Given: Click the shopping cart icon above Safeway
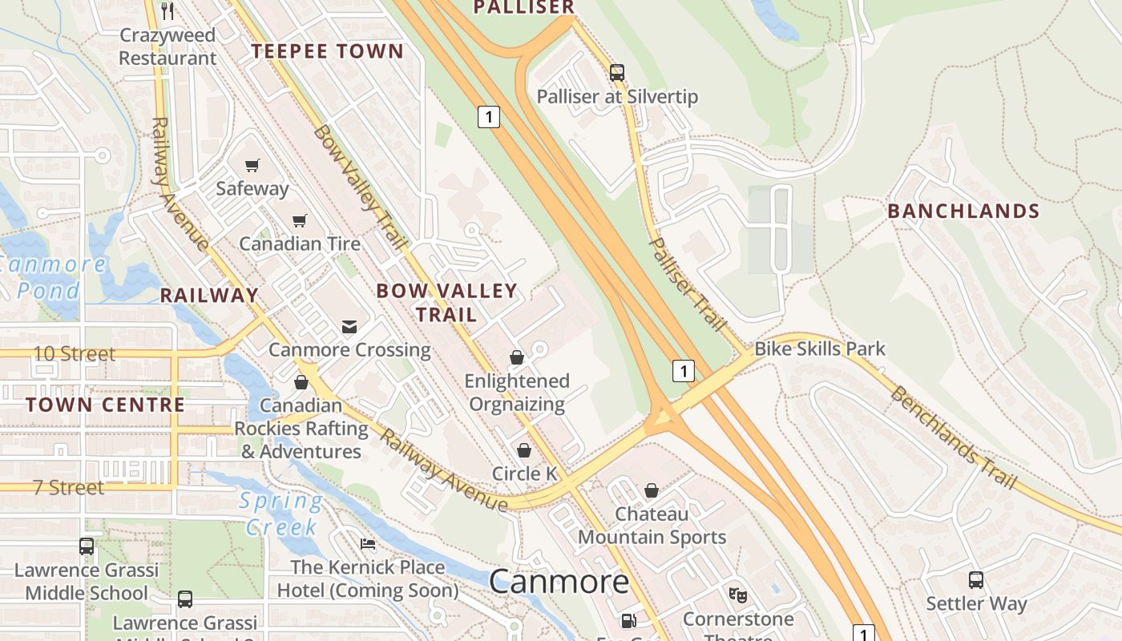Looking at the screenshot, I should (x=252, y=166).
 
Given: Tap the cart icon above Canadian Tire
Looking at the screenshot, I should (x=300, y=220).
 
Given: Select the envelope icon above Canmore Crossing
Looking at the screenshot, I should (x=349, y=326).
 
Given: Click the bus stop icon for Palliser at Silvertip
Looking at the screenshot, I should (x=616, y=72).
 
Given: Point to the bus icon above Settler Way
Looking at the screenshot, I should (x=975, y=579).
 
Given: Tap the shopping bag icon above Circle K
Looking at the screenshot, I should (x=524, y=450).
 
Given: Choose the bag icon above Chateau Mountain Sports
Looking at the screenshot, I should (x=652, y=490).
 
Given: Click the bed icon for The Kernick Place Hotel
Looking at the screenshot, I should (x=368, y=544).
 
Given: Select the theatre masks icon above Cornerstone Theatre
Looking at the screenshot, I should (x=737, y=595).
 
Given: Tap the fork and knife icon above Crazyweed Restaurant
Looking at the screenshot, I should (x=167, y=10).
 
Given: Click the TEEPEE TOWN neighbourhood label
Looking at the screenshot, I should (x=328, y=51).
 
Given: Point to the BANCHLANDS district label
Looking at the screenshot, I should (x=963, y=211).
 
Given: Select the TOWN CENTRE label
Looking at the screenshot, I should (x=105, y=405).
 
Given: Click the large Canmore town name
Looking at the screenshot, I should (x=559, y=581).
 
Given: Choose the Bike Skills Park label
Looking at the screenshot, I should (x=820, y=349).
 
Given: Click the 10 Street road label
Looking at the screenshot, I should (x=75, y=353).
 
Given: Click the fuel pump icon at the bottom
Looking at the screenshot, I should (x=629, y=620).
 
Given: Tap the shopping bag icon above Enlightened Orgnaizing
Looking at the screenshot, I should (x=517, y=357).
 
